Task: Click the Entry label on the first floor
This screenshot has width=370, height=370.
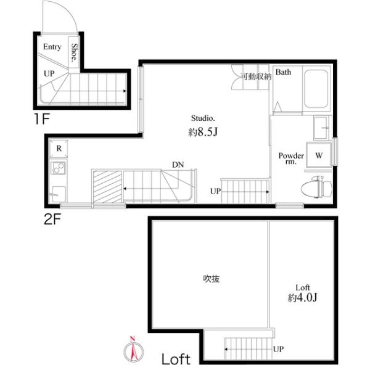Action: point(52,47)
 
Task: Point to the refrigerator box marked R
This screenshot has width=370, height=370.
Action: point(59,149)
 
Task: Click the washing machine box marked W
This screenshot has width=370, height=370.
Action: point(319,155)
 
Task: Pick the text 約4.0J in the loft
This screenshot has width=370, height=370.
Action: point(302,298)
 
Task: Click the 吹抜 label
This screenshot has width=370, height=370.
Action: point(212,278)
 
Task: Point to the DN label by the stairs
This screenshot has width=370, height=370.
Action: point(178,165)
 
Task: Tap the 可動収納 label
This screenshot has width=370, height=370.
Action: point(256,76)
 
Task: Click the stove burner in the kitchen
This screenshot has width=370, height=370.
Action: point(59,167)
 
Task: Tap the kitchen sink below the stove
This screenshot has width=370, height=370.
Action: point(59,191)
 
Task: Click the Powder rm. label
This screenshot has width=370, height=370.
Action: point(290,158)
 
